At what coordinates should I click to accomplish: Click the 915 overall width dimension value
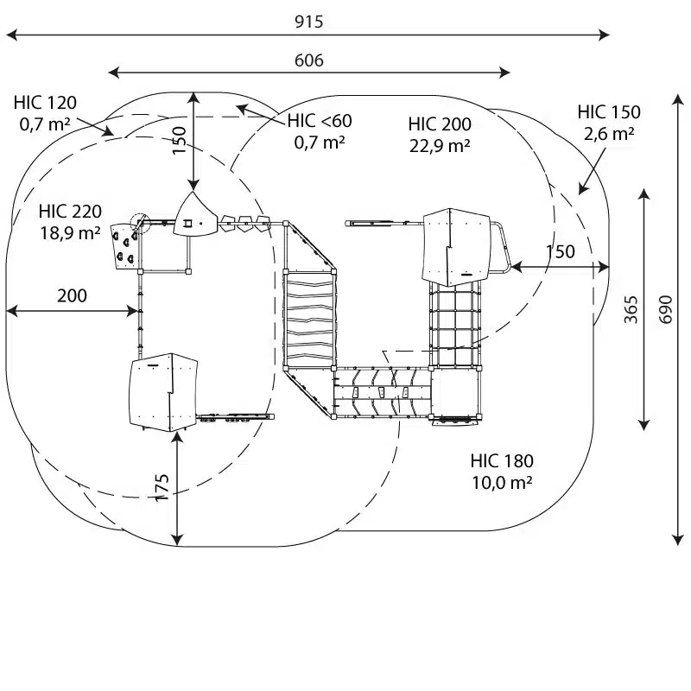pos(308,21)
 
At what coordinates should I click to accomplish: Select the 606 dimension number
pos(308,60)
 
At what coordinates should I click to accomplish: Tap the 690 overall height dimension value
pos(665,309)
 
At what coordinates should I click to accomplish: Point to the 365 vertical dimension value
pos(631,309)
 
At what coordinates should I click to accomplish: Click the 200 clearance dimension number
pos(72,295)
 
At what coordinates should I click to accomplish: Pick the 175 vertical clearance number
pos(162,487)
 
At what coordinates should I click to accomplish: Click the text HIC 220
pos(70,211)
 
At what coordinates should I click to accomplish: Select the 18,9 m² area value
pos(70,232)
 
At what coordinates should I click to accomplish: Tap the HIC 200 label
pos(440,124)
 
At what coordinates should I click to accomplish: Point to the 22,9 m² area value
pos(440,145)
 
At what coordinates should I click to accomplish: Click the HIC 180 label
pos(502,461)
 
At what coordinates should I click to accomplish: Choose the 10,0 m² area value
pos(502,483)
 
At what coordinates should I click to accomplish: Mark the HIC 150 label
pos(609,112)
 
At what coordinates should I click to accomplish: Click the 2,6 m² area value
pos(609,134)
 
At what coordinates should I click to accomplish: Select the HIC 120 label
pos(45,102)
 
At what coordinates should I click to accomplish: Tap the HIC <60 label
pos(320,120)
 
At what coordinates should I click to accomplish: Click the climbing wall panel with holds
pos(124,246)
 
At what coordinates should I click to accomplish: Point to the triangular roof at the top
pos(195,215)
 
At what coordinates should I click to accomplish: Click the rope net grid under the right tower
pos(454,324)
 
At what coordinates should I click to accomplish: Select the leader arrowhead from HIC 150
pos(583,188)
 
